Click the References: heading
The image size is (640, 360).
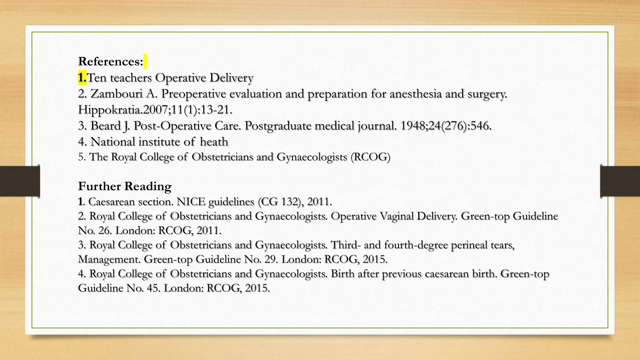coord(110,62)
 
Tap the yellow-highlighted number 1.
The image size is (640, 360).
coord(82,77)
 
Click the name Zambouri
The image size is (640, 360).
coord(117,94)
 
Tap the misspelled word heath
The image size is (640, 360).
coord(214,142)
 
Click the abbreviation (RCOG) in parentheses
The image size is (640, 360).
coord(370,157)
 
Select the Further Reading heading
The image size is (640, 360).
coord(125,186)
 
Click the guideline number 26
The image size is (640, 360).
coord(105,231)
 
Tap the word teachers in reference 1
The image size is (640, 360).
coord(131,78)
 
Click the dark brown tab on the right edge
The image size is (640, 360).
coord(620,181)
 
